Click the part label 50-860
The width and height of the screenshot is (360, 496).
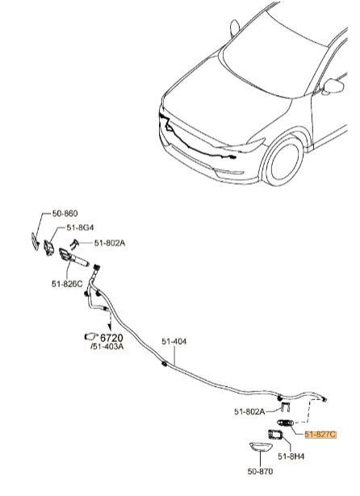(65, 214)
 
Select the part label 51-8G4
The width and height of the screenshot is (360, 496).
(80, 227)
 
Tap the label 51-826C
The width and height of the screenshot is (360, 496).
(67, 284)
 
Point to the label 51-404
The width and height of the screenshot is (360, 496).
(174, 342)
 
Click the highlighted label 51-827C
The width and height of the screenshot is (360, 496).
(320, 435)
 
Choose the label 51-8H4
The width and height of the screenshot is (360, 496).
(291, 456)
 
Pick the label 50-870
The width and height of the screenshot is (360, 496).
(260, 471)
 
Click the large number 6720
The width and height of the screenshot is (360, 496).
(111, 337)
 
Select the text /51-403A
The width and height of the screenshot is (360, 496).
(107, 346)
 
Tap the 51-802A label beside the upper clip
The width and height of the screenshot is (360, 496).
(110, 243)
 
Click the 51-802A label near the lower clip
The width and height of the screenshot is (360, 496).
(249, 411)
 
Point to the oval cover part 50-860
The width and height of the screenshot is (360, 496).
(36, 241)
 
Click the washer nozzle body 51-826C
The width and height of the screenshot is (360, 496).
(74, 258)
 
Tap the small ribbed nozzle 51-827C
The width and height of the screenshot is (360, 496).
(286, 423)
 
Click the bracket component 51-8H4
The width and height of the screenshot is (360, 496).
(275, 435)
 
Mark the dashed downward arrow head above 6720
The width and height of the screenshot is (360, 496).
(110, 327)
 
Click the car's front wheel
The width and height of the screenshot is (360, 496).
(283, 160)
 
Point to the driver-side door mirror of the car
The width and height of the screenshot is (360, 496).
(333, 86)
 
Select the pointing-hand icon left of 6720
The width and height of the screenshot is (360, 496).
(91, 336)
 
